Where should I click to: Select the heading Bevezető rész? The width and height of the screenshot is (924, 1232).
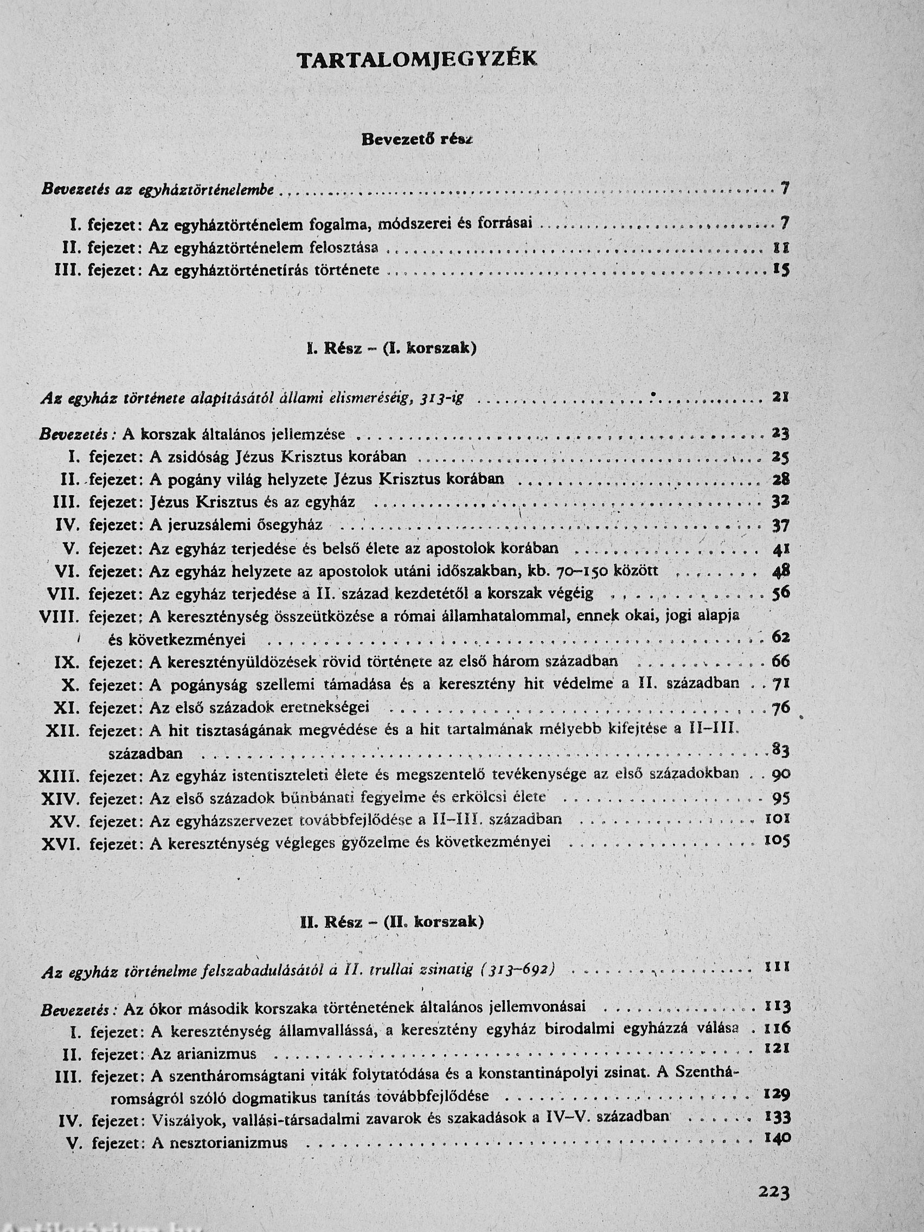click(417, 140)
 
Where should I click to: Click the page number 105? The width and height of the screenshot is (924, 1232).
click(777, 841)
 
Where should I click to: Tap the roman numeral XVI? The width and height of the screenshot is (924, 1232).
click(61, 843)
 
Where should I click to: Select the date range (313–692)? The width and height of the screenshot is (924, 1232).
click(517, 970)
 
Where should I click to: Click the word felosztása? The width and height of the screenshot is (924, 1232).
click(344, 247)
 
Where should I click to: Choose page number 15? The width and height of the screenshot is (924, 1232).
click(781, 271)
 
